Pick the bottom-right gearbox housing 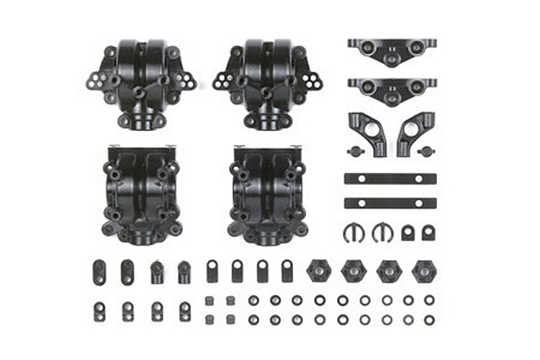[265, 193]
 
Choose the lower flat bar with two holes [391, 203]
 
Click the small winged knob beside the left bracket [354, 151]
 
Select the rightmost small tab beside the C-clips [428, 233]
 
